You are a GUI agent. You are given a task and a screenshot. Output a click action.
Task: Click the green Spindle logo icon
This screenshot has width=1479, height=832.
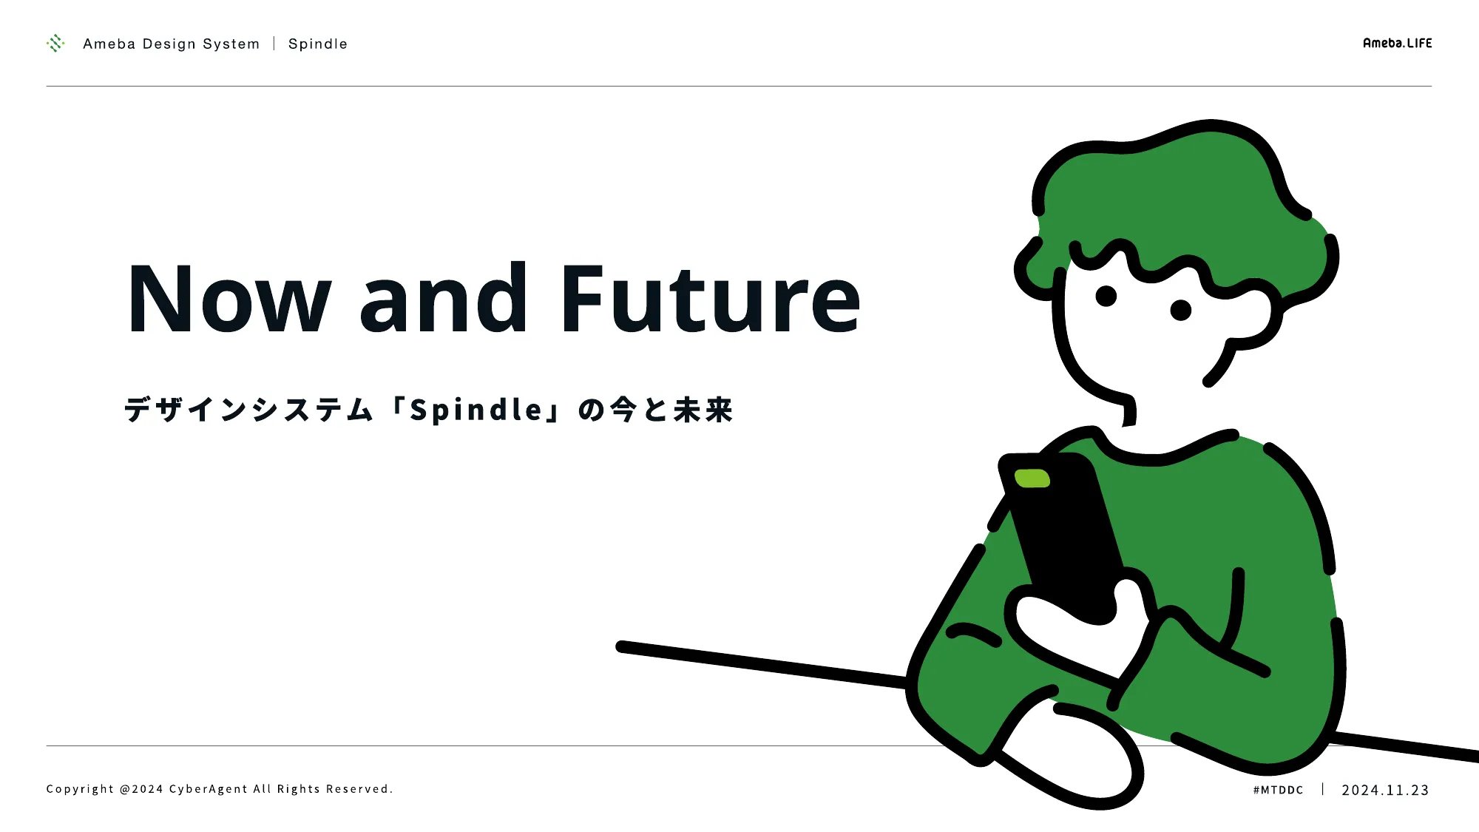pyautogui.click(x=55, y=44)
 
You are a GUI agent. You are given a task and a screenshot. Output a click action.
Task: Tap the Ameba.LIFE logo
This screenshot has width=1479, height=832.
pyautogui.click(x=1397, y=43)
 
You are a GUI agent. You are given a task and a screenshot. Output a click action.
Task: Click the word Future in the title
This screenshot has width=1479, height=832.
pyautogui.click(x=711, y=297)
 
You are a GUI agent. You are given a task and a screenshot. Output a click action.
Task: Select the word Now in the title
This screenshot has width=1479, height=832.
pyautogui.click(x=229, y=297)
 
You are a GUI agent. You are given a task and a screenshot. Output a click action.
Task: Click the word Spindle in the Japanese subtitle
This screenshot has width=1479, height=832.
pyautogui.click(x=476, y=409)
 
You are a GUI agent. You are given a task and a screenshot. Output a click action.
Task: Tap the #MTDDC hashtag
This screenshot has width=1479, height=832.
pyautogui.click(x=1278, y=790)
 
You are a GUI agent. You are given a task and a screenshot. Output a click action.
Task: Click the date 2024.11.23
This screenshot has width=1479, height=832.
pyautogui.click(x=1385, y=790)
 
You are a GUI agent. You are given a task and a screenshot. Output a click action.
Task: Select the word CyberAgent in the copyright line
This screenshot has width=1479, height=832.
pyautogui.click(x=209, y=789)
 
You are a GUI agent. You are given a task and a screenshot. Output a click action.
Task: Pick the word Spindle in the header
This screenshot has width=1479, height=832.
pyautogui.click(x=318, y=44)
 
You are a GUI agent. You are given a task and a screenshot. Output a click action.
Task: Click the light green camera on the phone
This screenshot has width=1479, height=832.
pyautogui.click(x=1032, y=478)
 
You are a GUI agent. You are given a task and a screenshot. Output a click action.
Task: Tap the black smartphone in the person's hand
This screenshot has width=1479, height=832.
pyautogui.click(x=1061, y=536)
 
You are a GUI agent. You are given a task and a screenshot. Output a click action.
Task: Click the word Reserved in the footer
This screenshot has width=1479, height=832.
pyautogui.click(x=358, y=789)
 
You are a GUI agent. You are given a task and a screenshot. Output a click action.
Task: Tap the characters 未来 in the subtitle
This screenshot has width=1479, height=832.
pyautogui.click(x=703, y=410)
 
